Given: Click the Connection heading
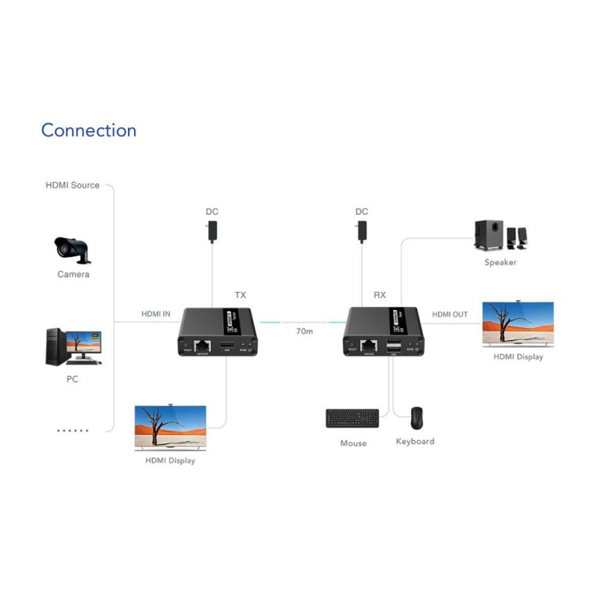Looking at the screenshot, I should pyautogui.click(x=89, y=130).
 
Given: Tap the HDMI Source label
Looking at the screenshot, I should pyautogui.click(x=72, y=185).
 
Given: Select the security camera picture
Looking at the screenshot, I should pyautogui.click(x=72, y=250).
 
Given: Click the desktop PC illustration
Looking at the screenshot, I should pyautogui.click(x=73, y=347).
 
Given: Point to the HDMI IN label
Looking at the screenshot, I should pyautogui.click(x=156, y=314).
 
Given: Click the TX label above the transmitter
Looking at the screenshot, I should pyautogui.click(x=240, y=295).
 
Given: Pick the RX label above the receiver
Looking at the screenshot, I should pyautogui.click(x=379, y=295).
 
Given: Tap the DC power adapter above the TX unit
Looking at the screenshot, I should pyautogui.click(x=212, y=229).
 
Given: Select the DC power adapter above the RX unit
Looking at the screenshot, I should pyautogui.click(x=361, y=229).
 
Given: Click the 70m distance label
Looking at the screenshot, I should pyautogui.click(x=304, y=331).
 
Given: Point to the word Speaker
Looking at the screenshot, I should pyautogui.click(x=500, y=262).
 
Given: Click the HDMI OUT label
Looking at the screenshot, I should pyautogui.click(x=450, y=314).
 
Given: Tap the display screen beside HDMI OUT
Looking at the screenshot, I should pyautogui.click(x=518, y=324).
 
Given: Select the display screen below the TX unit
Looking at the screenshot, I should pyautogui.click(x=170, y=428).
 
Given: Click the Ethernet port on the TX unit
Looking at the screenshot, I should pyautogui.click(x=200, y=346).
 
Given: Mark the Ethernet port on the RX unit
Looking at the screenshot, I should pyautogui.click(x=368, y=345).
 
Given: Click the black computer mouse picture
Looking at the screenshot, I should pyautogui.click(x=416, y=418).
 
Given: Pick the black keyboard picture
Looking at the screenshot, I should pyautogui.click(x=352, y=419).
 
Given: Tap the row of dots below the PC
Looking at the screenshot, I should pyautogui.click(x=73, y=431).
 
